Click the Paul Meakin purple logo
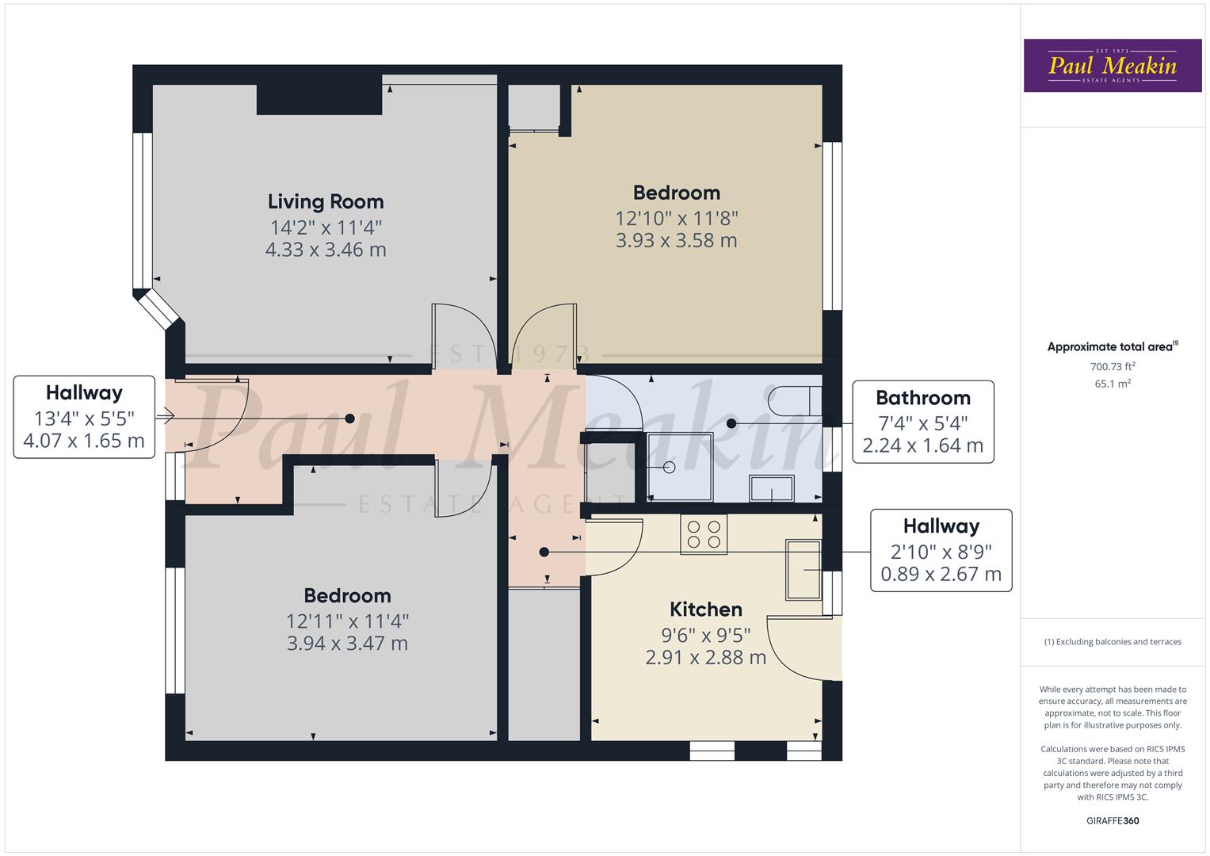[x=1113, y=65]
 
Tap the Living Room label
[x=326, y=201]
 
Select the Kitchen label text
[x=705, y=609]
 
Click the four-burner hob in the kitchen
[x=704, y=534]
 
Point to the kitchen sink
[x=803, y=570]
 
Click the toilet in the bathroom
[x=796, y=401]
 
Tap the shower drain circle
[x=670, y=468]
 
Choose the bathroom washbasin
[x=771, y=488]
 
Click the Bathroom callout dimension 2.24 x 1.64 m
[x=922, y=445]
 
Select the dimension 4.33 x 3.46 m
[x=326, y=250]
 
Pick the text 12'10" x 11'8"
[x=676, y=218]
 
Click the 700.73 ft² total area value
[x=1113, y=366]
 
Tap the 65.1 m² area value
[x=1113, y=384]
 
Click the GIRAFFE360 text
[x=1113, y=820]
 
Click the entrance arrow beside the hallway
[x=165, y=416]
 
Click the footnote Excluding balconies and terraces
[x=1113, y=641]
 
